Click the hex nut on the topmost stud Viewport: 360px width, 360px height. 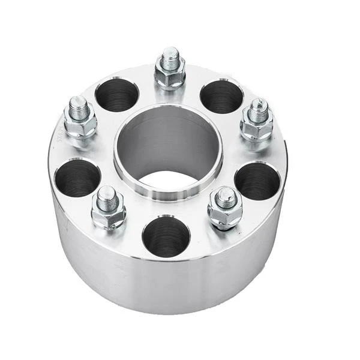pyautogui.click(x=170, y=74)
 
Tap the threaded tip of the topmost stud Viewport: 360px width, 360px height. pyautogui.click(x=170, y=55)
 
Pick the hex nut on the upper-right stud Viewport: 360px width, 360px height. pyautogui.click(x=257, y=125)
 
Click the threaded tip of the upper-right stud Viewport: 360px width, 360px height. pyautogui.click(x=258, y=107)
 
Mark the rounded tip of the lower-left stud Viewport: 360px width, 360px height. pyautogui.click(x=107, y=193)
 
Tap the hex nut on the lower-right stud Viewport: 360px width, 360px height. pyautogui.click(x=225, y=212)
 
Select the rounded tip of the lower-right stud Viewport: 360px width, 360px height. pyautogui.click(x=226, y=195)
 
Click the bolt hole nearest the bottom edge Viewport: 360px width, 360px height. pyautogui.click(x=166, y=236)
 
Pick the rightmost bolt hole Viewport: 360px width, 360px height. pyautogui.click(x=257, y=181)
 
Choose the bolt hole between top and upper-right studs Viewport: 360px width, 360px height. pyautogui.click(x=221, y=96)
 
